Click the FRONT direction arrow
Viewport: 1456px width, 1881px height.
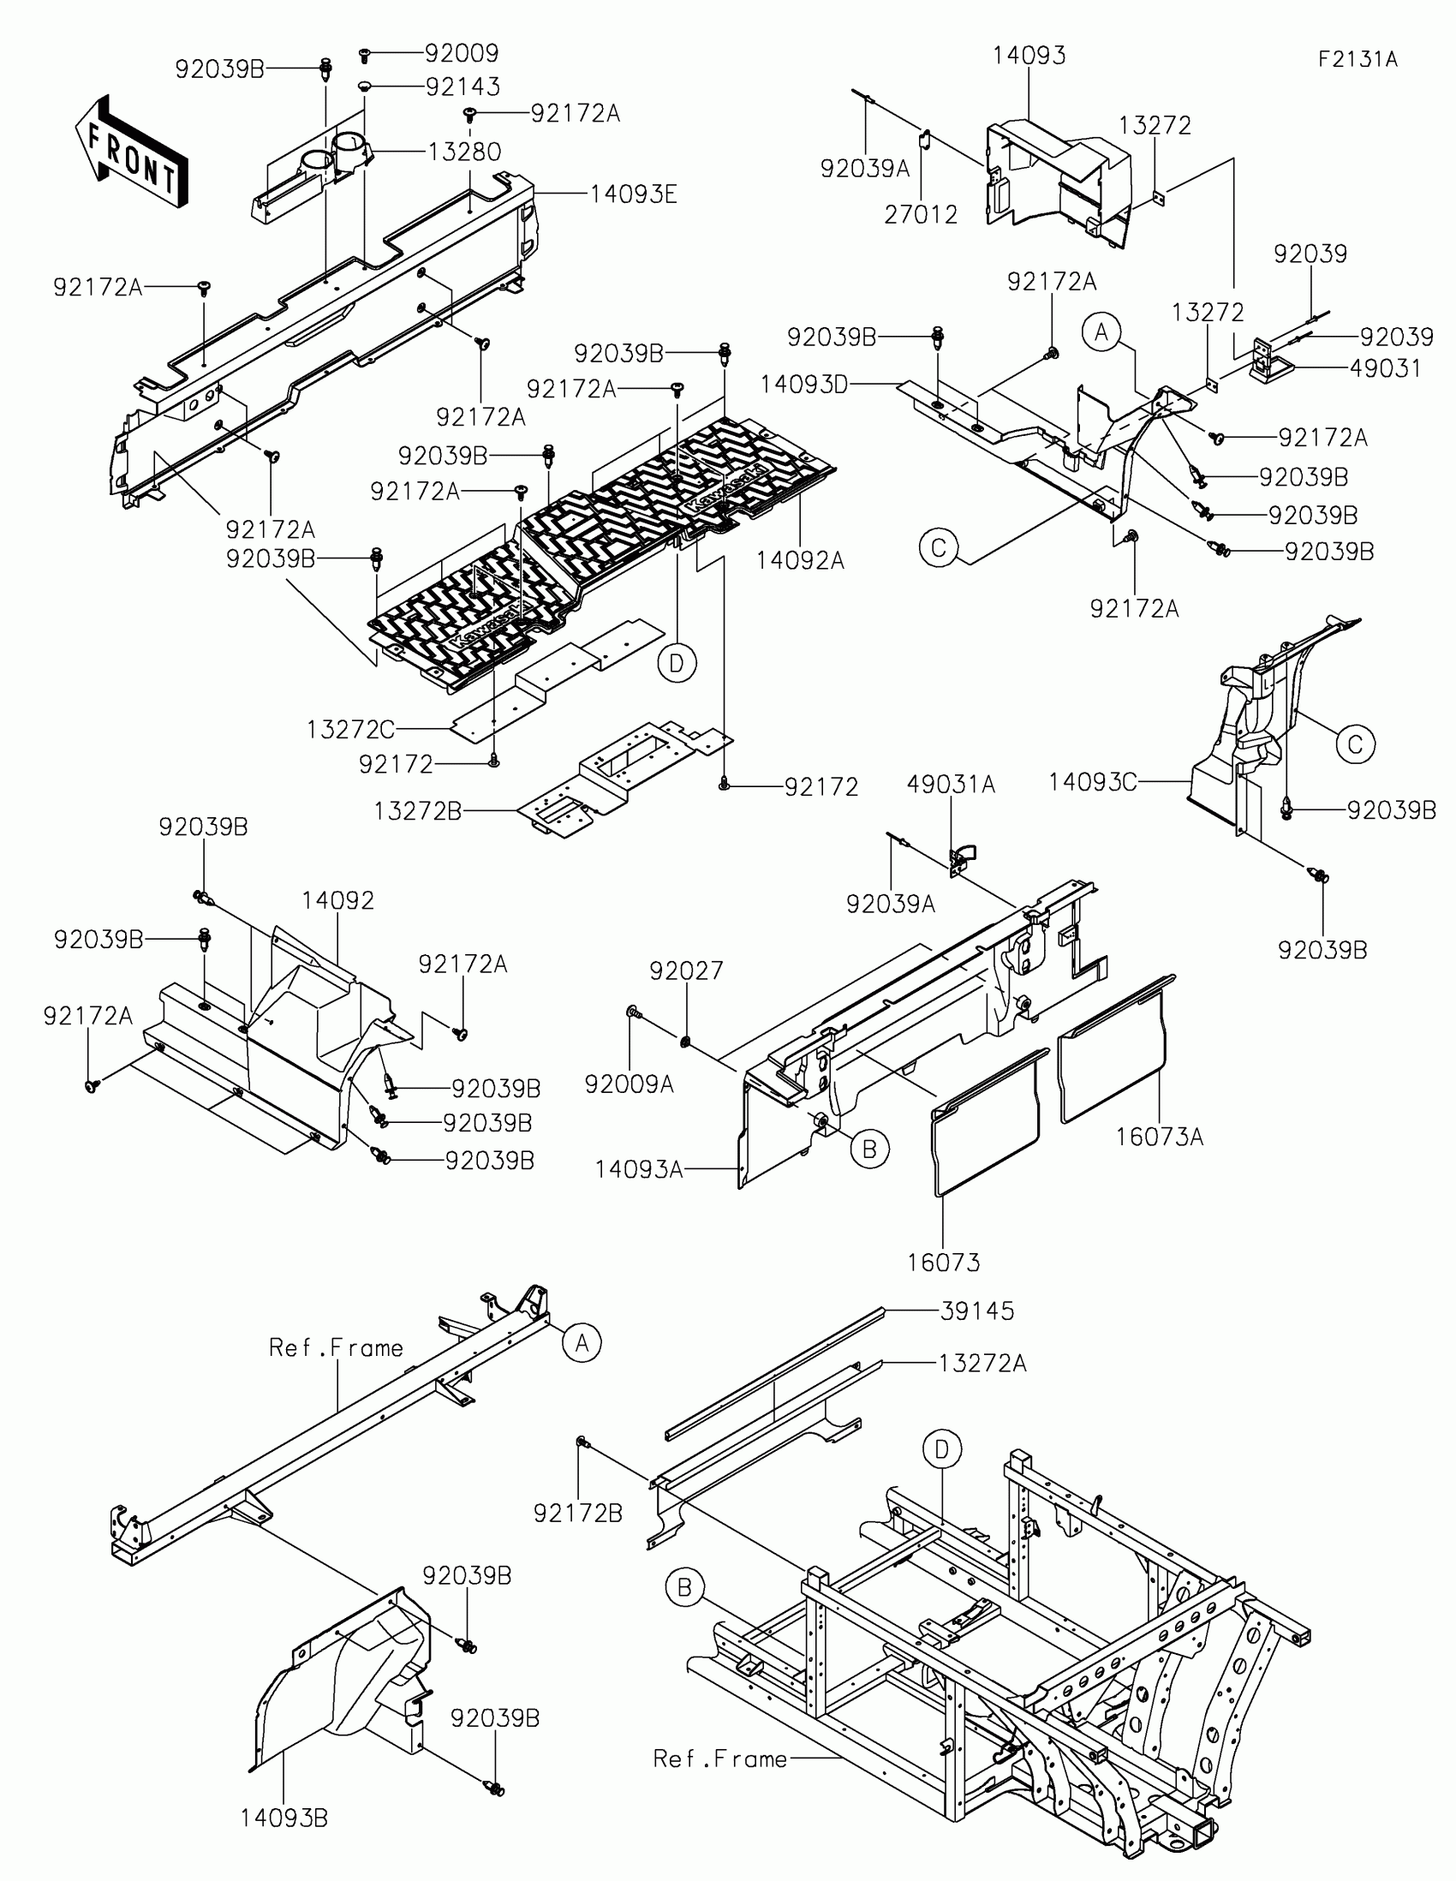132,152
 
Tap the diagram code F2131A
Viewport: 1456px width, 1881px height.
1357,59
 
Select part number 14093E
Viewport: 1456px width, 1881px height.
633,194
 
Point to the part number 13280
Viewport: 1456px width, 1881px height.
464,152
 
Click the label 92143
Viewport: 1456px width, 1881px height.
462,87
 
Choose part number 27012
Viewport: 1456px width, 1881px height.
921,214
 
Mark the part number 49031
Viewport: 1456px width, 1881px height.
1386,367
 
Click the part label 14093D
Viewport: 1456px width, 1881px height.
804,384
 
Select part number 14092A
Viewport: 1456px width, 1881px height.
800,561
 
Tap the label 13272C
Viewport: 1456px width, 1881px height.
350,730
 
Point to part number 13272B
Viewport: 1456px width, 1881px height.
418,810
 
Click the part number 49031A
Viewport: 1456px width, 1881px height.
951,784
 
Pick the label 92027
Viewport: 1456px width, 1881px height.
686,970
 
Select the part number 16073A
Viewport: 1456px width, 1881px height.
1159,1137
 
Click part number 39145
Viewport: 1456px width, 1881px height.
977,1311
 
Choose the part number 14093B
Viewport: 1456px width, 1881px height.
283,1818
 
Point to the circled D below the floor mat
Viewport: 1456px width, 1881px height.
677,663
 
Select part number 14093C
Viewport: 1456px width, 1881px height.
1092,782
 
